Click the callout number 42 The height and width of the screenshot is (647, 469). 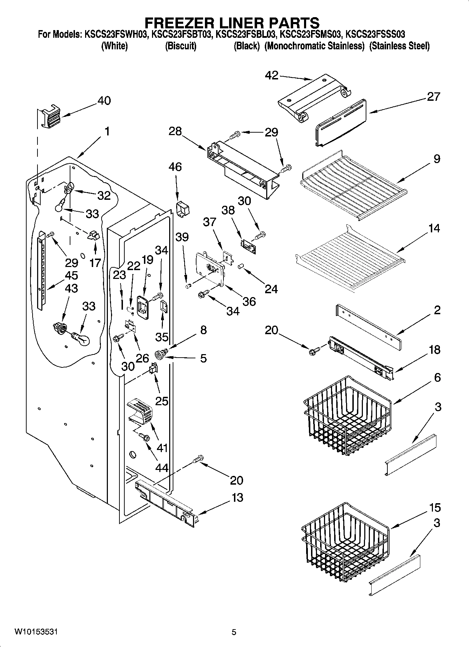point(272,75)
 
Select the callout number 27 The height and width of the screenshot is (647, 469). point(433,97)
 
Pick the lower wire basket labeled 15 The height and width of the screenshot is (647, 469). point(345,541)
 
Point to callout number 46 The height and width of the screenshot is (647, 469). point(175,167)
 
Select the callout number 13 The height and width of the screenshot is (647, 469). point(237,497)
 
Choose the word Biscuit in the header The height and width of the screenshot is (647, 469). point(180,46)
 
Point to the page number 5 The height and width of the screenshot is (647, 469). point(234,632)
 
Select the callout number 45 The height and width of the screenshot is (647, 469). point(71,275)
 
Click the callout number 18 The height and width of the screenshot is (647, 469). point(434,350)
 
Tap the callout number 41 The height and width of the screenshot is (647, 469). point(162,448)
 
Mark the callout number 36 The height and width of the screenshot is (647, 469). point(249,301)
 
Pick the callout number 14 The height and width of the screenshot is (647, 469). point(434,228)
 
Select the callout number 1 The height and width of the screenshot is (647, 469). point(107,132)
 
